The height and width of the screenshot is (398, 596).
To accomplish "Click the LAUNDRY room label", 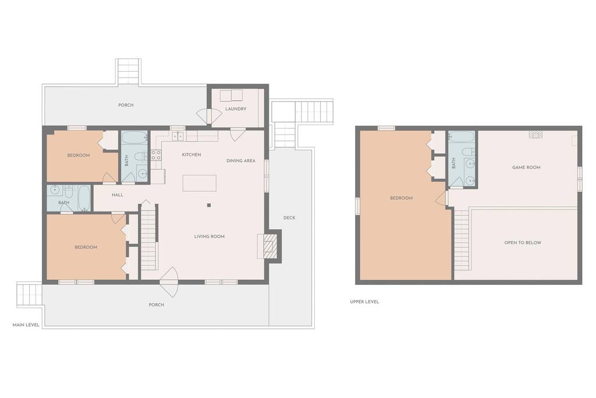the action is pyautogui.click(x=236, y=109).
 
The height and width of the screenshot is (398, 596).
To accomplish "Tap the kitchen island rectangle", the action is pyautogui.click(x=200, y=183).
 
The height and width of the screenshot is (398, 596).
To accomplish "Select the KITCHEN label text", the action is pyautogui.click(x=191, y=154).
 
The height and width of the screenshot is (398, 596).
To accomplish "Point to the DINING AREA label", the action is pyautogui.click(x=241, y=161).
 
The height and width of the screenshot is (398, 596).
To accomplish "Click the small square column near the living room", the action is pyautogui.click(x=209, y=205).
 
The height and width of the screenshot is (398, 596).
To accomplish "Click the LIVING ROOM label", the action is pyautogui.click(x=210, y=236).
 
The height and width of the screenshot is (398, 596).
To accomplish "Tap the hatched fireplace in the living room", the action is pyautogui.click(x=271, y=246).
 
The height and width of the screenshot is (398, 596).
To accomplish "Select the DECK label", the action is pyautogui.click(x=289, y=217).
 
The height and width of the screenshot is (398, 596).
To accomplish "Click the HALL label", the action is pyautogui.click(x=118, y=195).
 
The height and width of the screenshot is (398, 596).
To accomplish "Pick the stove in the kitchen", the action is pyautogui.click(x=156, y=155).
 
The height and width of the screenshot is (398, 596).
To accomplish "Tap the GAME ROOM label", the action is pyautogui.click(x=526, y=167).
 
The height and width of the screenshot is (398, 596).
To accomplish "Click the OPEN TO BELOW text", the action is pyautogui.click(x=523, y=242).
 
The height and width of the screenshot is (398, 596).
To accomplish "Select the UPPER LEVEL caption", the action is pyautogui.click(x=364, y=302).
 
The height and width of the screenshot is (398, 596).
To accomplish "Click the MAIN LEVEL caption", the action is pyautogui.click(x=26, y=325).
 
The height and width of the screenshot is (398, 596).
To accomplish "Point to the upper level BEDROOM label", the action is pyautogui.click(x=402, y=198).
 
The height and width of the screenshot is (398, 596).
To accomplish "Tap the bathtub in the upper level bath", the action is pyautogui.click(x=462, y=137).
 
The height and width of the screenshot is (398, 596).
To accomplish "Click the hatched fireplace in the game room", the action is pyautogui.click(x=536, y=134).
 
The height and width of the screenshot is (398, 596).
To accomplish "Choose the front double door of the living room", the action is pyautogui.click(x=169, y=281).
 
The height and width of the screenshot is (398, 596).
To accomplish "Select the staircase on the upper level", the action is pyautogui.click(x=462, y=239).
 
